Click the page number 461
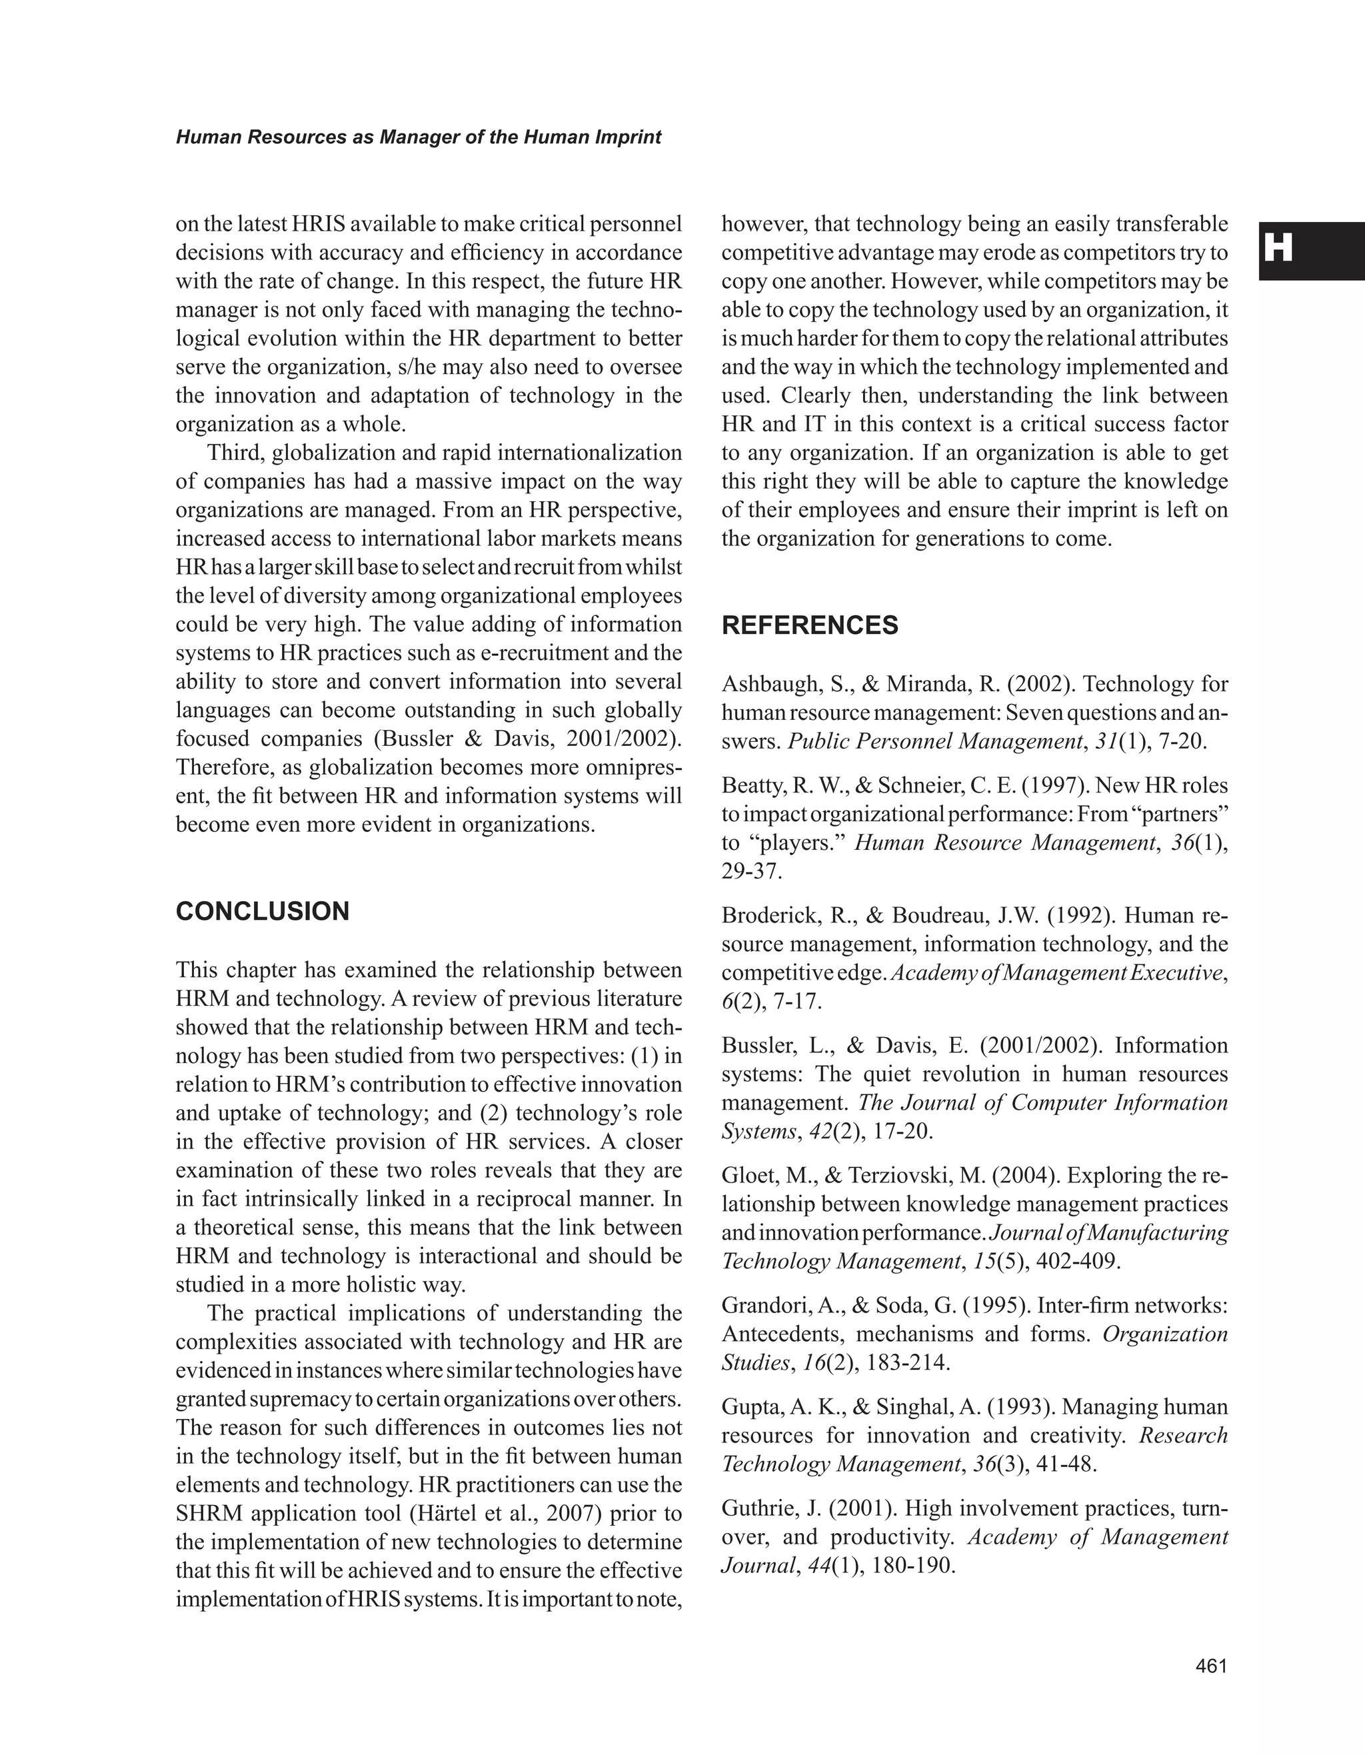pyautogui.click(x=1212, y=1666)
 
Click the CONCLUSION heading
pyautogui.click(x=262, y=911)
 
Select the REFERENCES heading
pyautogui.click(x=809, y=625)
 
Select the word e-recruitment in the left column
pyautogui.click(x=549, y=653)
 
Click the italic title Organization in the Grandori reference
pyautogui.click(x=1165, y=1334)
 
